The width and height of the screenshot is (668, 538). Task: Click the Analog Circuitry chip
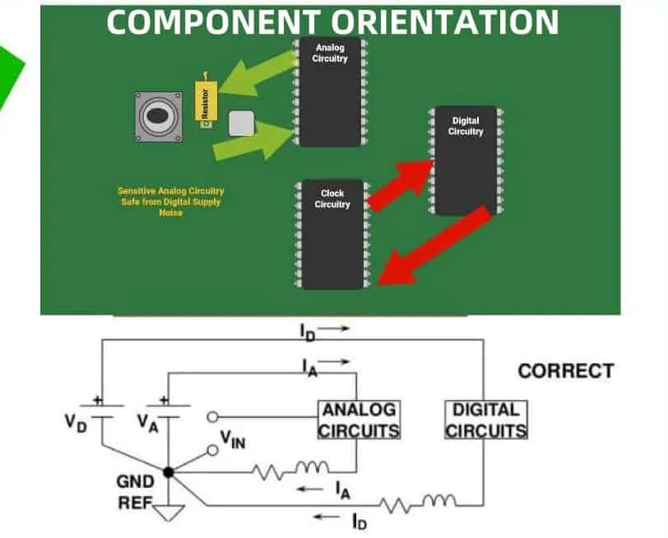click(x=330, y=92)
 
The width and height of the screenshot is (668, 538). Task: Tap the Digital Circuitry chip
click(x=466, y=161)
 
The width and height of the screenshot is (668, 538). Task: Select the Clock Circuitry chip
click(x=332, y=235)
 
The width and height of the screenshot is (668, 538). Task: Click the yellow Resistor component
click(x=206, y=101)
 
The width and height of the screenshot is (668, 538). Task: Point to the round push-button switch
click(x=159, y=117)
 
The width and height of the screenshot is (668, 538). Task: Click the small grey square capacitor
click(x=241, y=123)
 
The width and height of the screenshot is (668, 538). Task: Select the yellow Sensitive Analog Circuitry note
click(x=170, y=201)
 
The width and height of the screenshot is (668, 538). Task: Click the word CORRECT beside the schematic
click(x=565, y=371)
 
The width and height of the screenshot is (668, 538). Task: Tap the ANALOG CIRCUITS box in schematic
click(x=360, y=419)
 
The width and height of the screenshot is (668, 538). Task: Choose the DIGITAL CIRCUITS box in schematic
click(x=485, y=419)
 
